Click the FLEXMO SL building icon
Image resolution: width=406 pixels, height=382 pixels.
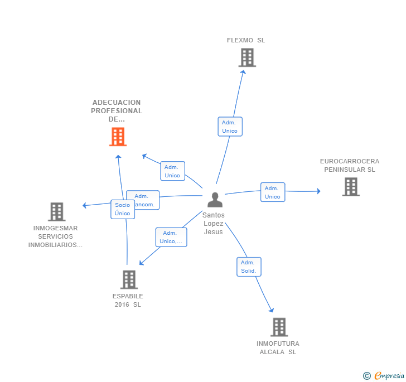point(246,57)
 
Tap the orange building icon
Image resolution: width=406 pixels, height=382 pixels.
point(118,137)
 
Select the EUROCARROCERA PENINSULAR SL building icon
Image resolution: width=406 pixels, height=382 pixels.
point(350,187)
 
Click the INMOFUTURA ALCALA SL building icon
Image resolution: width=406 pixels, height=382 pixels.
point(279,327)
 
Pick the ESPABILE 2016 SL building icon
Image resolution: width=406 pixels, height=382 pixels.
point(129,279)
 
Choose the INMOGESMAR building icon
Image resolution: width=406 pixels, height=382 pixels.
point(56,212)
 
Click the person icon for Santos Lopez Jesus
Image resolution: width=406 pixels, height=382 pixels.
point(215,200)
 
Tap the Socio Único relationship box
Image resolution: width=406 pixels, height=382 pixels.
point(122,209)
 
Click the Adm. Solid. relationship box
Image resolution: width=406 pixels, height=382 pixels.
point(249,267)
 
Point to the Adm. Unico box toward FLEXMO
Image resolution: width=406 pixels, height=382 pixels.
point(230,127)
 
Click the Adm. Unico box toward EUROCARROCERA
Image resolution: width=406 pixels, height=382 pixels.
point(272,192)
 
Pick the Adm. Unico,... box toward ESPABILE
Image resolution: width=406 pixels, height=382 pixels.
point(171,237)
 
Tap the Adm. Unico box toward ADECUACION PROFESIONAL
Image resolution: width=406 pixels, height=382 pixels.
point(172,171)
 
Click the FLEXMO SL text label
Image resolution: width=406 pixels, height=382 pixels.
point(246,40)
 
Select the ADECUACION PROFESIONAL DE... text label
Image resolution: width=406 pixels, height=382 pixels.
point(117,110)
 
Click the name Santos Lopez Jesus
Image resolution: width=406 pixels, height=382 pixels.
point(214,223)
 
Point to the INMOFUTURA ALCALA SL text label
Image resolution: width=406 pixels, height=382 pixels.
point(278,347)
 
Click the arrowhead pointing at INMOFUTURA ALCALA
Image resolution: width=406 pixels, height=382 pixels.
point(272,310)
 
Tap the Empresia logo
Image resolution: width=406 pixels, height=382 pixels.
point(384,375)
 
